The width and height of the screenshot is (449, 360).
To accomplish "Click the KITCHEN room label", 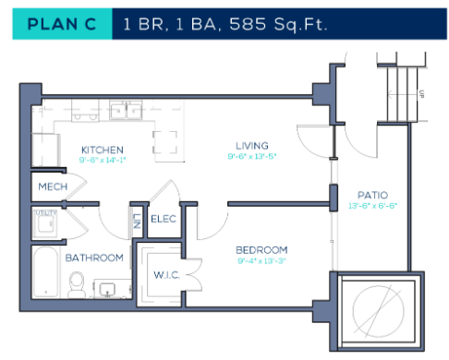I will pyautogui.click(x=102, y=150).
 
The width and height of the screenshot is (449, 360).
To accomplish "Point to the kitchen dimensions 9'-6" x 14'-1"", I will pyautogui.click(x=102, y=160).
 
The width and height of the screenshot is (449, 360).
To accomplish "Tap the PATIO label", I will pyautogui.click(x=372, y=195).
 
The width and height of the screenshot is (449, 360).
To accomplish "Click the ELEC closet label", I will pyautogui.click(x=164, y=219).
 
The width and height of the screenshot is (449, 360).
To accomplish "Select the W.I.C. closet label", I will pyautogui.click(x=167, y=274).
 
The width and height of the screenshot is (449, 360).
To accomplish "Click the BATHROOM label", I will pyautogui.click(x=94, y=258).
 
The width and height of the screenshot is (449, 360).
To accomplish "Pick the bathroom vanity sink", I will pyautogui.click(x=109, y=290).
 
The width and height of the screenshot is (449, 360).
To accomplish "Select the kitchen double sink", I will pyautogui.click(x=121, y=112).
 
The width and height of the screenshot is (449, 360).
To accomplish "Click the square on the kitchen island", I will pyautogui.click(x=165, y=143).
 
